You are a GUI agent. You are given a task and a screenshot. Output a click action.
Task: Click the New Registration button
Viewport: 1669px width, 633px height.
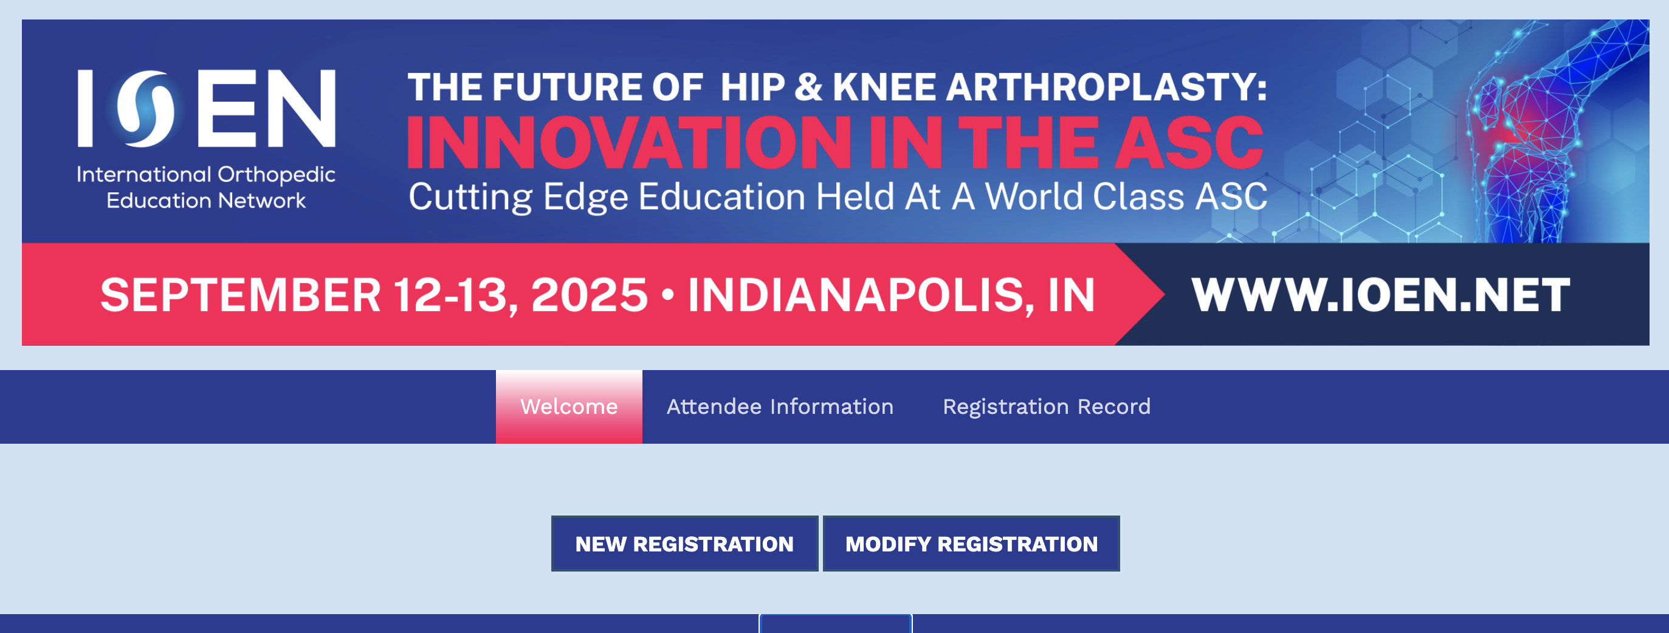tap(684, 544)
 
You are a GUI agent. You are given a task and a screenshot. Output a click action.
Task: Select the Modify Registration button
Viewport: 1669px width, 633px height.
tap(971, 544)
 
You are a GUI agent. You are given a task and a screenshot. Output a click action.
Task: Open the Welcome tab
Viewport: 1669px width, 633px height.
tap(569, 407)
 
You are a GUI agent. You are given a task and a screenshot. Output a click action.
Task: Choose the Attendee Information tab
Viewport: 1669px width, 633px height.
tap(780, 407)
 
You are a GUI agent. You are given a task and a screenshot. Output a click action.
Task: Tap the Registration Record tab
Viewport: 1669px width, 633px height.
tap(1047, 407)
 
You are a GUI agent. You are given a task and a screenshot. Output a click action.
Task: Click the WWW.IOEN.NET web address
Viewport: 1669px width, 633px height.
tap(1381, 295)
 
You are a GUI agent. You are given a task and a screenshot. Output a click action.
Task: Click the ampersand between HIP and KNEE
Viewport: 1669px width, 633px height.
tap(808, 87)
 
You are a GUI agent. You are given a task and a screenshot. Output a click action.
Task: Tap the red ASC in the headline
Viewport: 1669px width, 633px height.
tap(1189, 142)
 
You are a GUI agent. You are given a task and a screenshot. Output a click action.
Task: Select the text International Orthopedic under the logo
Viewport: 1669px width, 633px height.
tap(206, 175)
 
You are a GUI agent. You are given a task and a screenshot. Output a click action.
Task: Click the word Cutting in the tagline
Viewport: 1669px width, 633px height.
tap(470, 197)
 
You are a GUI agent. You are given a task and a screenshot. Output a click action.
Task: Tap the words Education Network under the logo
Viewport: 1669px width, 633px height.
tap(206, 200)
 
